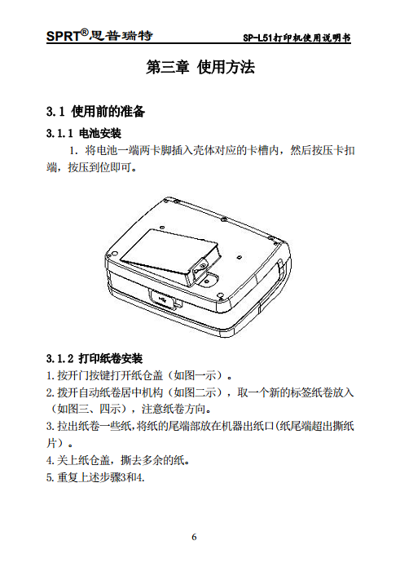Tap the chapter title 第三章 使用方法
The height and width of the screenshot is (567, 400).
coord(200,69)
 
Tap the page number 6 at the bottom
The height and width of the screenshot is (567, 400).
coord(195,536)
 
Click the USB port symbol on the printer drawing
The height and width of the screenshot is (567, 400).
coord(165,302)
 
